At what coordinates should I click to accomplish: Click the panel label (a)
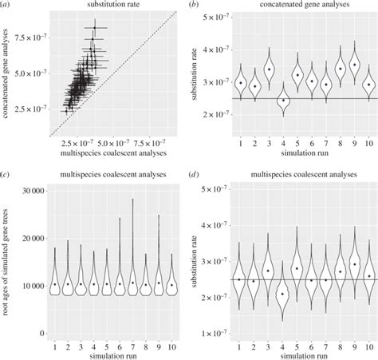7,6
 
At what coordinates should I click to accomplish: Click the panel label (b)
199,6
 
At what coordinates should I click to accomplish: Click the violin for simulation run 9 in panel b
354,65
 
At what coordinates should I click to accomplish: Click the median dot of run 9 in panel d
354,263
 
